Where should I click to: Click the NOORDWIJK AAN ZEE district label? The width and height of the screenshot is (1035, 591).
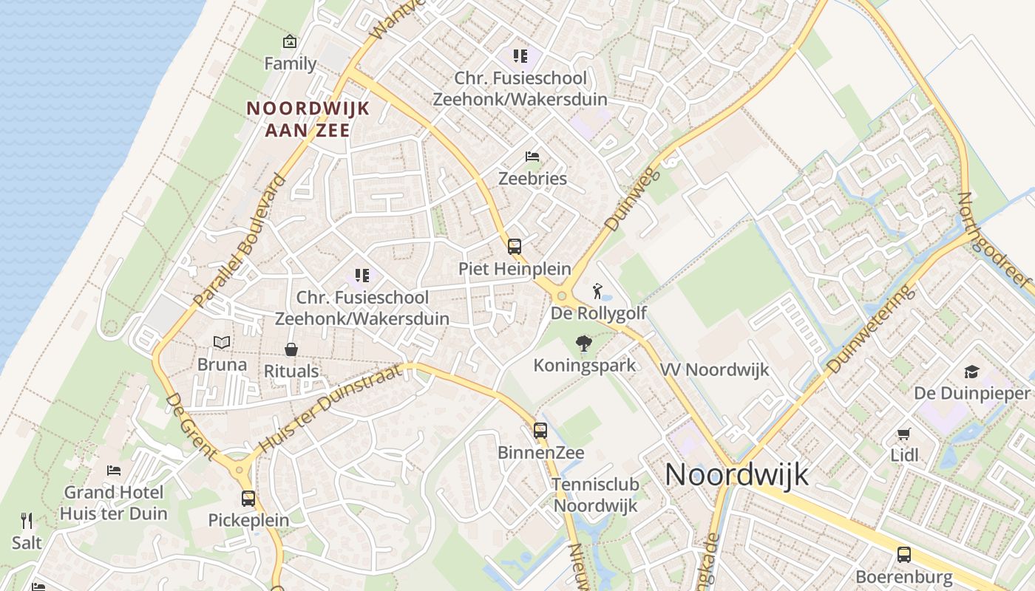[x=308, y=119]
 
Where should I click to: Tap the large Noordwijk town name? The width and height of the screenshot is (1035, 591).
[x=737, y=474]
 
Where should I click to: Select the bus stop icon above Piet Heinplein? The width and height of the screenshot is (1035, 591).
[x=515, y=247]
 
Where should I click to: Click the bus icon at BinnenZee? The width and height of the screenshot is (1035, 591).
[x=540, y=431]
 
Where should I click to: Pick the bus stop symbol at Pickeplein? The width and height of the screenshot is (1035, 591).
[x=248, y=499]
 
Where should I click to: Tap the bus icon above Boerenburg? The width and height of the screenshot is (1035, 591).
[x=903, y=554]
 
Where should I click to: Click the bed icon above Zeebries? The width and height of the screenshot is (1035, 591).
[x=532, y=157]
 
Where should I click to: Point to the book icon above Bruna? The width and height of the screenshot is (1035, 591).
[x=222, y=342]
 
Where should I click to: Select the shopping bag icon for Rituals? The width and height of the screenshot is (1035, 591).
[x=291, y=349]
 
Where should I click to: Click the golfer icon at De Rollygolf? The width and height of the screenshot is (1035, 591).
[x=597, y=291]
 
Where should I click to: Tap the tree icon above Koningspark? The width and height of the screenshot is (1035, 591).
[x=584, y=344]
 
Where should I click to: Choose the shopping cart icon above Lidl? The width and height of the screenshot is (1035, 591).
[x=903, y=434]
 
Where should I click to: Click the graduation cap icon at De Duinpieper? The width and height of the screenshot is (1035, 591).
[x=971, y=371]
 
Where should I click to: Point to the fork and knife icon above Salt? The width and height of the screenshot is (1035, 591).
[x=27, y=521]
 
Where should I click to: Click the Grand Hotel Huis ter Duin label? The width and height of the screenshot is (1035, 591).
[x=114, y=502]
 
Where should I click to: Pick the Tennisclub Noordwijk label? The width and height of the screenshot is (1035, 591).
[x=595, y=495]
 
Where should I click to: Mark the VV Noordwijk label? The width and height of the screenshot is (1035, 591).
[x=714, y=369]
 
